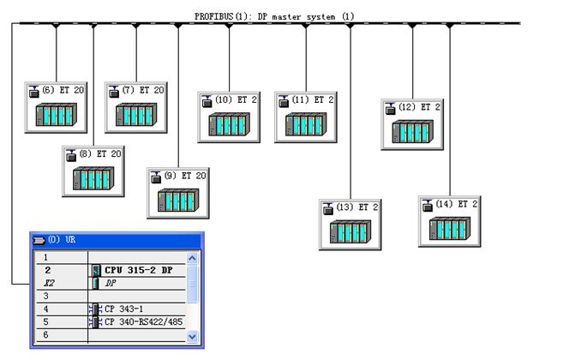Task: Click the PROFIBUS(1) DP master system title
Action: (274, 16)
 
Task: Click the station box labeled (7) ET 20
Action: (136, 108)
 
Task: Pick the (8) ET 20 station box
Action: (93, 171)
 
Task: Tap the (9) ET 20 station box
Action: (177, 193)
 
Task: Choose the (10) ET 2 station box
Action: (229, 117)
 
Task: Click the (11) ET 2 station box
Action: (306, 117)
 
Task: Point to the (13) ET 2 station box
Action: (350, 224)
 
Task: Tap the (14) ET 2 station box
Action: (449, 221)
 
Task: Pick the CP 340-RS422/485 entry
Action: (143, 321)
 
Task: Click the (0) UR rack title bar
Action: (117, 239)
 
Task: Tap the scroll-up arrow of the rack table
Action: (192, 257)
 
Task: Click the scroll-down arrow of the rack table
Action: (192, 337)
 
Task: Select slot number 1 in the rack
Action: (47, 257)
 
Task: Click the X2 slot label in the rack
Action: (47, 282)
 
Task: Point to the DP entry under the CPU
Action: (111, 282)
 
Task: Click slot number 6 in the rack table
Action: (47, 335)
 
